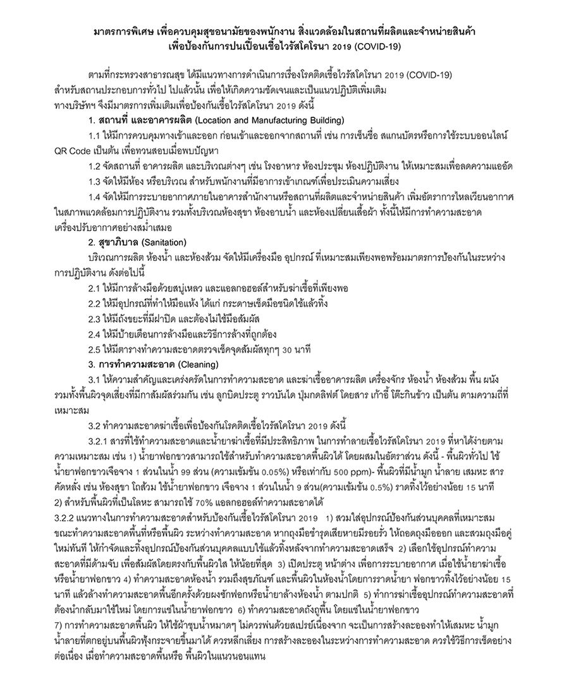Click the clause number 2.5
(95, 347)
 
